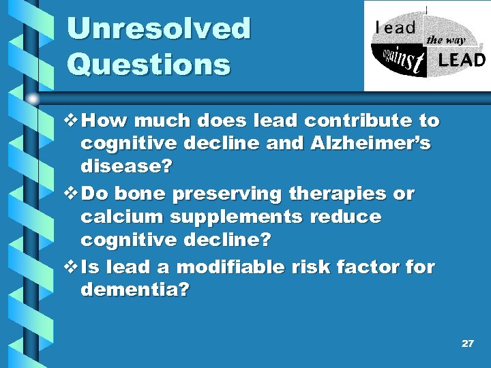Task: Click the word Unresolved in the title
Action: click(x=159, y=29)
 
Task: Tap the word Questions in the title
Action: click(x=149, y=65)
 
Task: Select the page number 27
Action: click(x=467, y=343)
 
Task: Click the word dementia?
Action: click(x=135, y=290)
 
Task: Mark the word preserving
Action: click(x=226, y=194)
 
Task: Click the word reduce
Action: click(x=346, y=217)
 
